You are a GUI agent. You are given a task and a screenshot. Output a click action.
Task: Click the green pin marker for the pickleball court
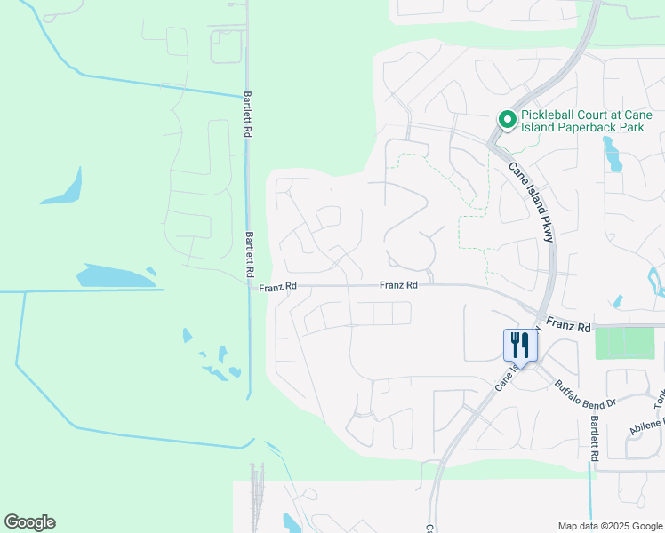point(507,119)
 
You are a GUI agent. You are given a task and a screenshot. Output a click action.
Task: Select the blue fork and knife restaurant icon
point(521,345)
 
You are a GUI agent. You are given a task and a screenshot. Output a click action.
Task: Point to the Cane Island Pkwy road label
point(533,203)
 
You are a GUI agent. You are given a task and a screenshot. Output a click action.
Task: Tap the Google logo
point(29,522)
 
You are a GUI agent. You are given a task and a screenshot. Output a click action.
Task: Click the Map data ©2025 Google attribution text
point(609,526)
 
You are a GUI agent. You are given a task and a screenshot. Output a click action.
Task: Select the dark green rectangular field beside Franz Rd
point(624,343)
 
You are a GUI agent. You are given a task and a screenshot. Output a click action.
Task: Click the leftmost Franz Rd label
point(277,287)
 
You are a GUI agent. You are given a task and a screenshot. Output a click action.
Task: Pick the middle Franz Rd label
point(398,285)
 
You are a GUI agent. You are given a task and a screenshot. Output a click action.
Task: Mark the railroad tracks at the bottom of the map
point(259,497)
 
